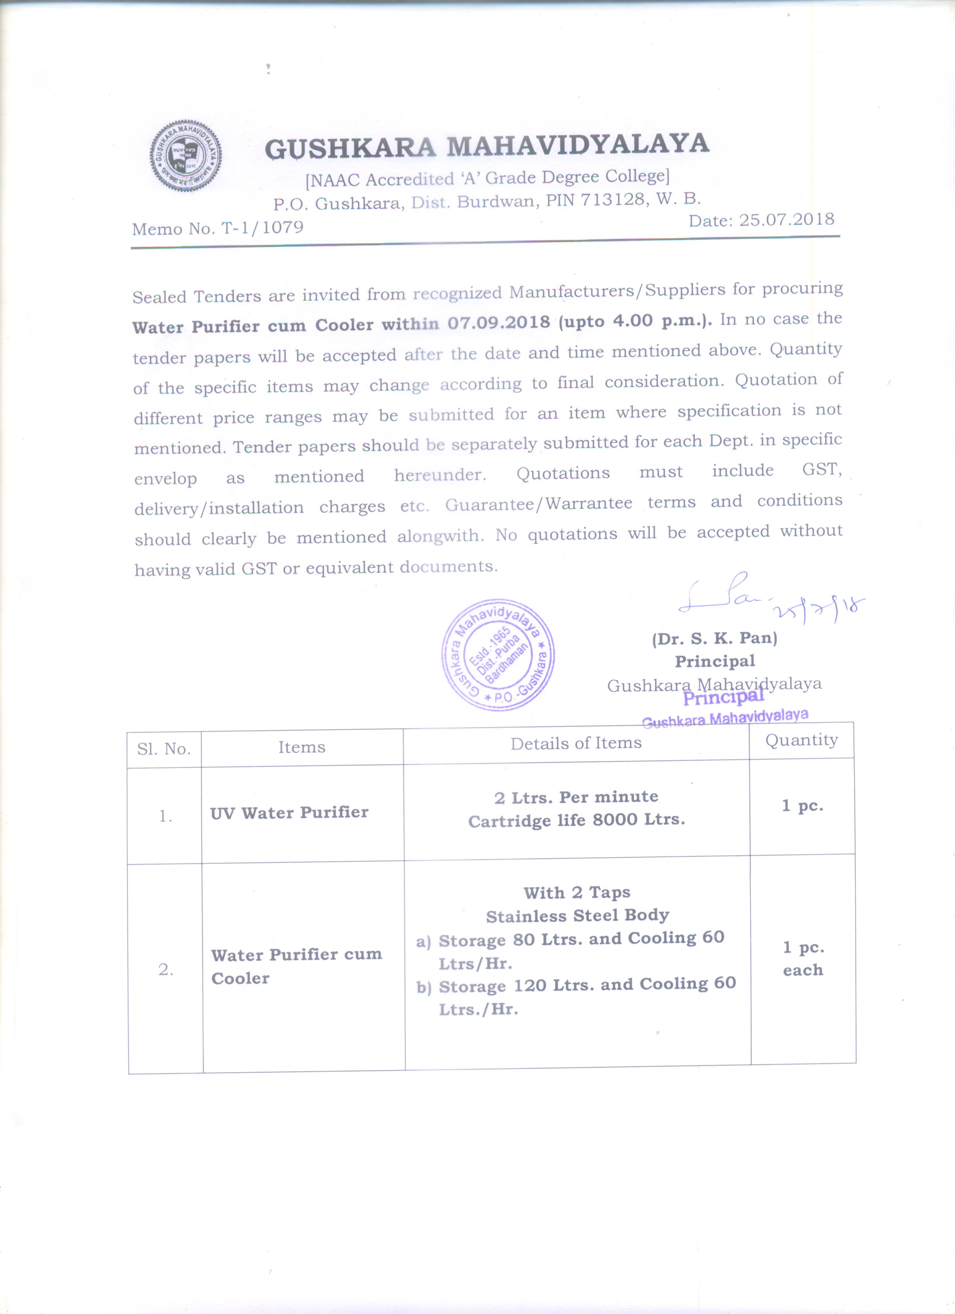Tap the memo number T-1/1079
point(262,228)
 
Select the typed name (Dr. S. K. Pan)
point(715,638)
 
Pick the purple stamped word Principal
point(723,697)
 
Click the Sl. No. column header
point(164,749)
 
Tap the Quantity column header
point(801,740)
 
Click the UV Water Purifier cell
point(289,813)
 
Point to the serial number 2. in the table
point(166,969)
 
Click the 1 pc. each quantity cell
point(803,958)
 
